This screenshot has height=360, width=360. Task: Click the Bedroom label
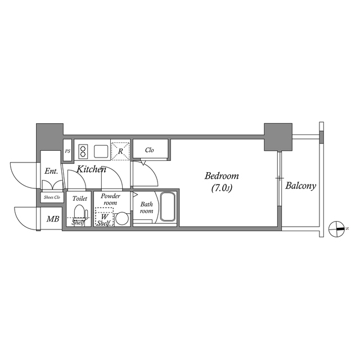(x=222, y=175)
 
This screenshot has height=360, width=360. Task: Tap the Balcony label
(x=300, y=186)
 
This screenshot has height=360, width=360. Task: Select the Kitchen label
(x=92, y=169)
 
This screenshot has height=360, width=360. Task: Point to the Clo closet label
(x=150, y=150)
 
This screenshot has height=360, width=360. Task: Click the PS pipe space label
(x=67, y=151)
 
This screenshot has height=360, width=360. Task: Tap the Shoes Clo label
(x=51, y=197)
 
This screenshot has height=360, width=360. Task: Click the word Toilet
(x=79, y=199)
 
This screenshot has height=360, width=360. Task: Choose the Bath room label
(x=146, y=208)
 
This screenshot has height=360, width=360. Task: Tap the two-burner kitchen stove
(x=83, y=151)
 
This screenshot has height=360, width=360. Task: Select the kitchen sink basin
(x=101, y=151)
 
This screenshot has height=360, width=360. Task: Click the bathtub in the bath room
(x=168, y=207)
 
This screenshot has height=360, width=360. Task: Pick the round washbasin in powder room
(x=121, y=218)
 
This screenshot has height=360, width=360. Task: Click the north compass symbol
(x=338, y=228)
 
